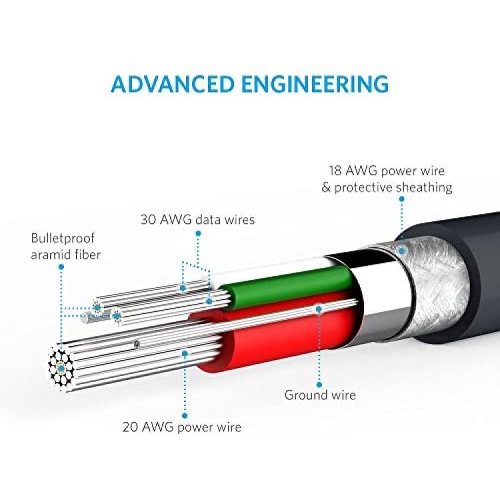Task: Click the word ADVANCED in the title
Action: coord(173,84)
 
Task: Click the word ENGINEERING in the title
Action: coord(315,84)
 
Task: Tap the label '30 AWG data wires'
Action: coord(198,220)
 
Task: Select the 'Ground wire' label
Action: coord(320,395)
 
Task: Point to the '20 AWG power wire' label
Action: coord(182,427)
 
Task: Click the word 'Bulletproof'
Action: coord(63,239)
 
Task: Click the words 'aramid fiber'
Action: coord(66,255)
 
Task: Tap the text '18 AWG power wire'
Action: coord(387,171)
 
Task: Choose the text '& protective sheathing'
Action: coord(387,187)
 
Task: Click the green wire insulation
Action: coord(287,287)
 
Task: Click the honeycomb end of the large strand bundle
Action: coord(61,368)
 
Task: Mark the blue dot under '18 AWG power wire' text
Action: coord(402,199)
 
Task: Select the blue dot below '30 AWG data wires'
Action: coord(198,233)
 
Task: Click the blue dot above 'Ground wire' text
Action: coord(319,385)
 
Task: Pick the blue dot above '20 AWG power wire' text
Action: coord(185,415)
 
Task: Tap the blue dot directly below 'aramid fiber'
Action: coord(61,267)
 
